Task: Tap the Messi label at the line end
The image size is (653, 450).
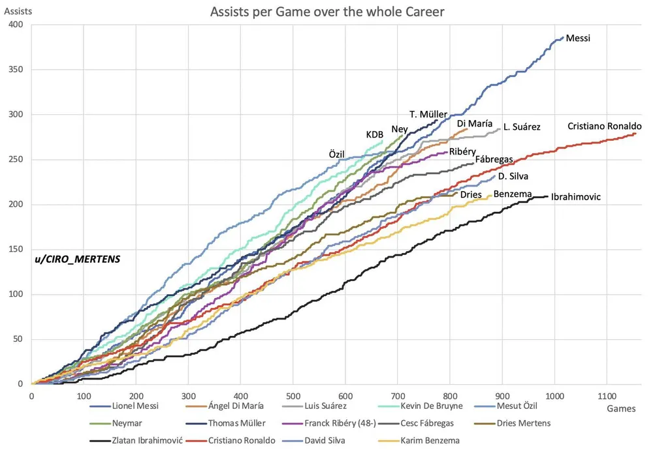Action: point(578,38)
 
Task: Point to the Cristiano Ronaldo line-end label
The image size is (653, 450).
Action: point(605,126)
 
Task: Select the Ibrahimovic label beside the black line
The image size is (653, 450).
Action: point(576,196)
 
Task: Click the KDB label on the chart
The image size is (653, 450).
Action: point(374,134)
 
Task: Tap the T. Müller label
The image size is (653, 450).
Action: point(428,115)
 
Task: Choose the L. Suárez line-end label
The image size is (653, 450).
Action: point(522,127)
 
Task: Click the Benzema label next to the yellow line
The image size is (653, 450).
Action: point(512,194)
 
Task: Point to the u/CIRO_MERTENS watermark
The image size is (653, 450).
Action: point(78,259)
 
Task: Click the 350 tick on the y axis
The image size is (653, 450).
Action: point(15,70)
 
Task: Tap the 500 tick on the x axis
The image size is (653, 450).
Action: point(293,395)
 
